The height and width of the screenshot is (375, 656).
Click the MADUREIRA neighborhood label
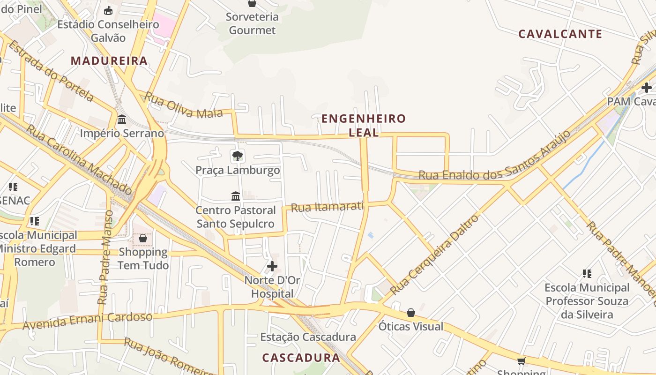[x=109, y=60]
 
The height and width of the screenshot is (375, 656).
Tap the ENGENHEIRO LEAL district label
[x=364, y=125]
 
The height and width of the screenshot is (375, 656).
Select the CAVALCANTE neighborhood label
[x=560, y=34]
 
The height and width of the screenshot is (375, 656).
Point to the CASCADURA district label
[x=301, y=358]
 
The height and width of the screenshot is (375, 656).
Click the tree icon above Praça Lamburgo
[x=238, y=156]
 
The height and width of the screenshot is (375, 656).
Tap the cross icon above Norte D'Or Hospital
[x=272, y=266]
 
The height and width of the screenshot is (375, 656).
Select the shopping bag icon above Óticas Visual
[x=411, y=312]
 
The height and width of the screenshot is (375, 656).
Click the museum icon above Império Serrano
[x=122, y=119]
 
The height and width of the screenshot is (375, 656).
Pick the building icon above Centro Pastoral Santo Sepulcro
[x=236, y=195]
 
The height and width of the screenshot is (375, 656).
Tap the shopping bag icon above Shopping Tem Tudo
[x=143, y=238]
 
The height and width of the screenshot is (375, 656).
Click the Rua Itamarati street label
[x=327, y=206]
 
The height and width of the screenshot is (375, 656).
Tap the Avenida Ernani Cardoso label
[x=88, y=321]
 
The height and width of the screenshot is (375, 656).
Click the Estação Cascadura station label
[x=308, y=337]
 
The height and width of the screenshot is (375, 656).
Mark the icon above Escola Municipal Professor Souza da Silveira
[x=587, y=273]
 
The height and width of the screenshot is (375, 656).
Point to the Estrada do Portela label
[x=51, y=70]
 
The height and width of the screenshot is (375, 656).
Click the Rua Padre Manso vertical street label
[x=105, y=257]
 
